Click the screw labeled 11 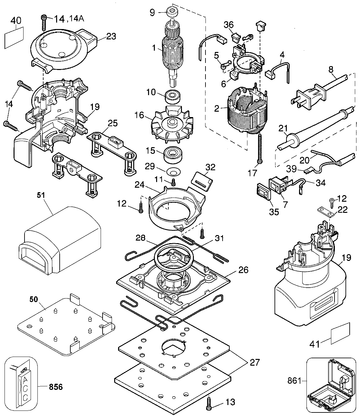[x=173, y=182]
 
